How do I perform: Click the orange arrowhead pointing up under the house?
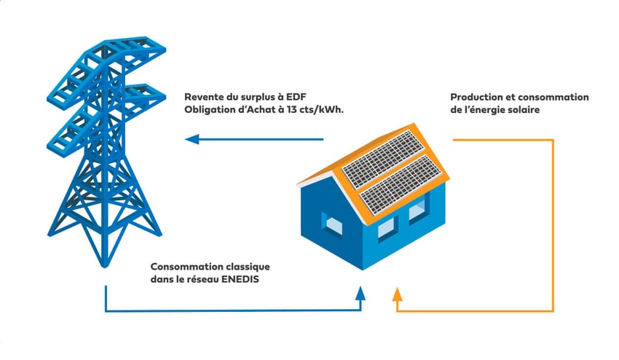(397, 293)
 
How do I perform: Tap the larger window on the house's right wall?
(417, 211)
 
